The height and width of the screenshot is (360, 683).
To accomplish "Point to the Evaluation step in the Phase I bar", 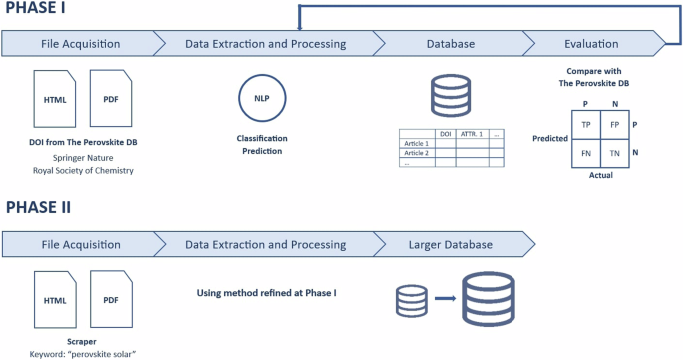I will [x=593, y=43].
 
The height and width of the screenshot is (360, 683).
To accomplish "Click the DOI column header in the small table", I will [x=445, y=134].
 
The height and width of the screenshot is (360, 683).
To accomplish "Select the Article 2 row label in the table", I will [x=414, y=153].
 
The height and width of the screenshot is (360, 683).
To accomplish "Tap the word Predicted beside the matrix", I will [x=549, y=139].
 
